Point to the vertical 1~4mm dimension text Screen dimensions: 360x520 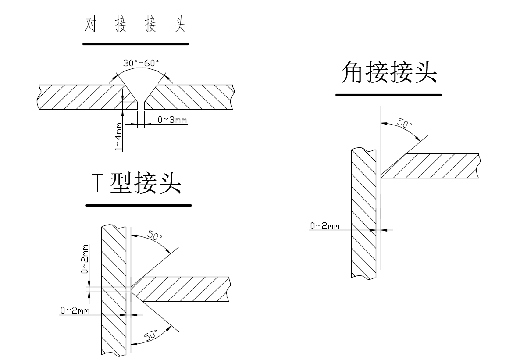pos(119,137)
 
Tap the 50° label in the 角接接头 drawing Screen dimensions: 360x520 pos(404,122)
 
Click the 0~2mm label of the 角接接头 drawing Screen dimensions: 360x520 pos(325,226)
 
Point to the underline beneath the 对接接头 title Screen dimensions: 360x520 pos(135,44)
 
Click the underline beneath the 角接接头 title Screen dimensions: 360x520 pos(388,94)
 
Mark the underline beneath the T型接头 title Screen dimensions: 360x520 pos(139,205)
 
